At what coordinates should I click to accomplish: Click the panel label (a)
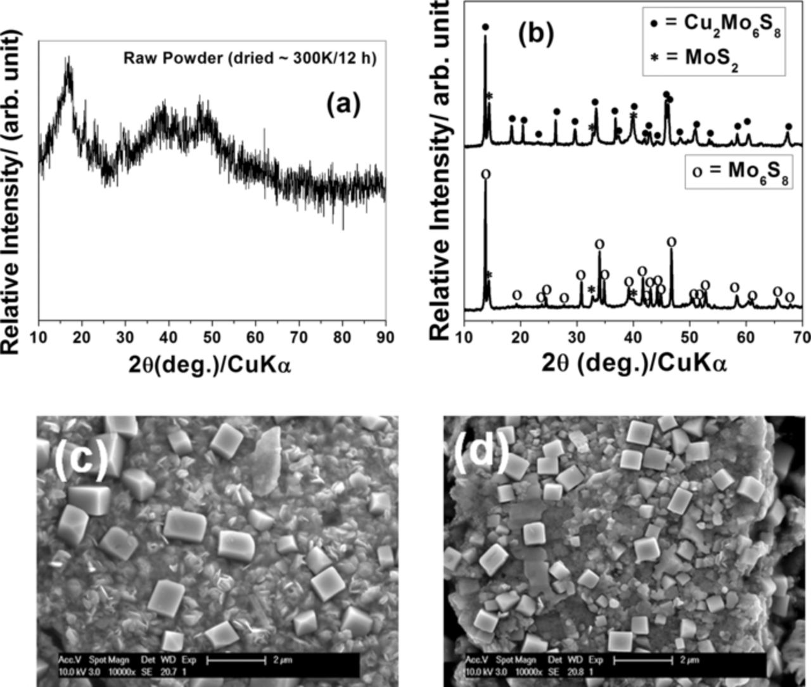343,104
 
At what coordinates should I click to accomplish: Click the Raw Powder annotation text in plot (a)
250,59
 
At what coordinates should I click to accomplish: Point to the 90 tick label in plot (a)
385,337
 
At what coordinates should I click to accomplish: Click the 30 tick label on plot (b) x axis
577,337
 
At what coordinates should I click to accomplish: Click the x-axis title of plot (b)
634,363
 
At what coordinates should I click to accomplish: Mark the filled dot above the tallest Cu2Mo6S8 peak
485,27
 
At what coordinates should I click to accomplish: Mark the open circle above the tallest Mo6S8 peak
485,174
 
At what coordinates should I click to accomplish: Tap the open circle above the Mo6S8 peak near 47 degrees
672,241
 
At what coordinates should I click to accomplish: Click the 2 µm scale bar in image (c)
236,661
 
